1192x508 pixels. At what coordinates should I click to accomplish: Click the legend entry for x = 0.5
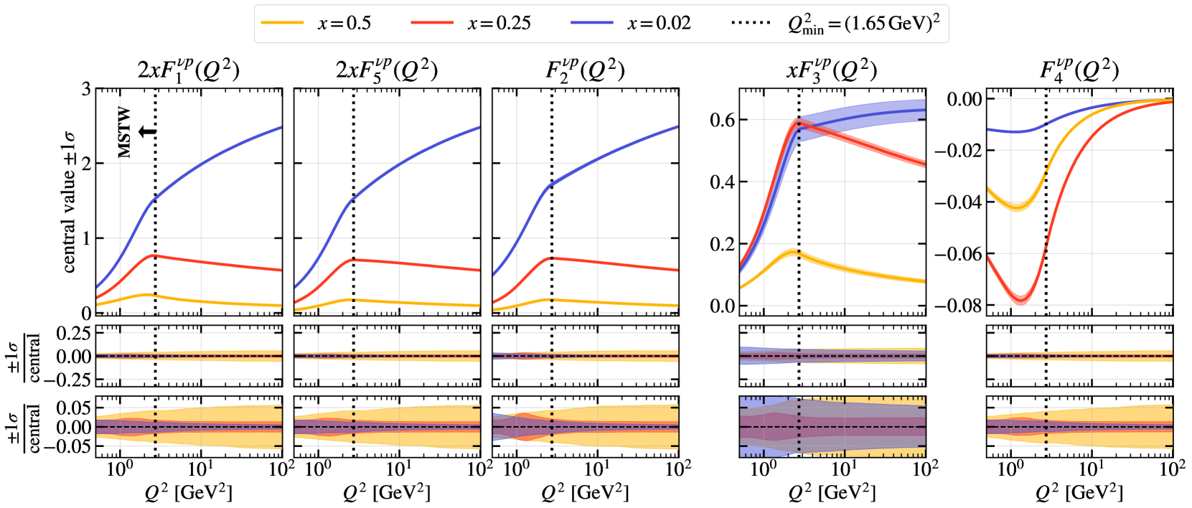(316, 23)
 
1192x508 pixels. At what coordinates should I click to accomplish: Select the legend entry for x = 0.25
(471, 23)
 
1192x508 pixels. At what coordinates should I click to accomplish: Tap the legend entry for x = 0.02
(631, 23)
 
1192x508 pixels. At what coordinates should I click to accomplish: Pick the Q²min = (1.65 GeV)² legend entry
(835, 23)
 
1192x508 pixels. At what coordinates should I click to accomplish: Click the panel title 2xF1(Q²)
(188, 70)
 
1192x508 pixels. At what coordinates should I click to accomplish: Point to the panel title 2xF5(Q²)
(387, 70)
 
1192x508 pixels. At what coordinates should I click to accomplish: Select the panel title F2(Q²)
(585, 70)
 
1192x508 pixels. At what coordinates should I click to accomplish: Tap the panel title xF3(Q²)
(832, 70)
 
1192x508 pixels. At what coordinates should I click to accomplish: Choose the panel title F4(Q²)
(1079, 70)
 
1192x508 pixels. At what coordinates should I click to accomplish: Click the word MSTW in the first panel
(125, 133)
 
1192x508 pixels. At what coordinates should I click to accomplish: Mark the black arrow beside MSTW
(147, 131)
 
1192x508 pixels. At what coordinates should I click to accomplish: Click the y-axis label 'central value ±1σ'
(69, 202)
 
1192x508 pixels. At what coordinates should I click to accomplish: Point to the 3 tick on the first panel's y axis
(86, 90)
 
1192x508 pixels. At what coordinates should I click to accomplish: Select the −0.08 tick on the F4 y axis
(957, 306)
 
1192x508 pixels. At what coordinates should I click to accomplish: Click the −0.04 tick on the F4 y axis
(957, 202)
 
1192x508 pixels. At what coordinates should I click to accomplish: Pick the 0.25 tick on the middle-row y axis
(74, 334)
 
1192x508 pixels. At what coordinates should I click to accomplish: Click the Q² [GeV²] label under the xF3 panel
(832, 492)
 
